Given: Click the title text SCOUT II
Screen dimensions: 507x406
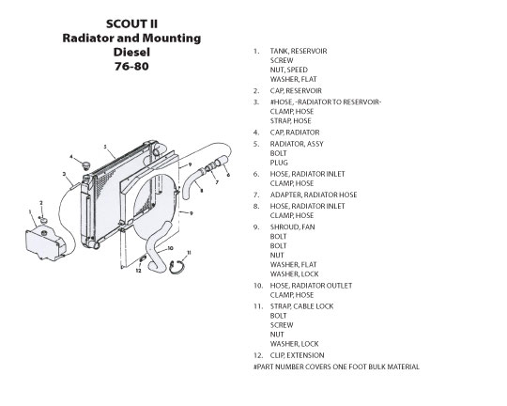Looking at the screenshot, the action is (x=131, y=23).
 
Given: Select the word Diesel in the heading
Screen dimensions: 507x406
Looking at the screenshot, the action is (x=131, y=52).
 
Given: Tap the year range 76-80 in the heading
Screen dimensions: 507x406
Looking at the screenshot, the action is (x=131, y=67).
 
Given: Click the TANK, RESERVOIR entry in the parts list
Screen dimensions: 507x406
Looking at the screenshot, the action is (x=299, y=51).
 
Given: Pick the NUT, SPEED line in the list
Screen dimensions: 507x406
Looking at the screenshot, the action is (x=289, y=70).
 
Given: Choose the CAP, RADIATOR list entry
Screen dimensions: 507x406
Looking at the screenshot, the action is (x=295, y=133).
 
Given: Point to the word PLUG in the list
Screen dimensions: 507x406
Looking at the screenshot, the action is (x=279, y=163).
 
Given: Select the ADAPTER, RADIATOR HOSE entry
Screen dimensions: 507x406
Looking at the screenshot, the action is (x=314, y=195).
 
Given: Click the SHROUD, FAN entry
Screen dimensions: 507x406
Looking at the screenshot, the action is (x=292, y=226).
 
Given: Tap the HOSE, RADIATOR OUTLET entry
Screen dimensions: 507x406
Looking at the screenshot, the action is (x=311, y=286).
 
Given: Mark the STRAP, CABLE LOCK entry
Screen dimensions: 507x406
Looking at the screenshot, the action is (x=301, y=306).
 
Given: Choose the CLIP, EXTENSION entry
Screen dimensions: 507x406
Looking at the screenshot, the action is (x=297, y=355).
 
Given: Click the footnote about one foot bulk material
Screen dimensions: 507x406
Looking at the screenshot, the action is (x=336, y=367).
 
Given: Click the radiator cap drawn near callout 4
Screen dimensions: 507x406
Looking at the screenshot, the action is (x=85, y=165).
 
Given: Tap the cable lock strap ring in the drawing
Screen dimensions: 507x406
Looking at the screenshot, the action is (x=177, y=268).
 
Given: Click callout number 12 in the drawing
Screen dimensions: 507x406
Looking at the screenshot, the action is (x=138, y=271).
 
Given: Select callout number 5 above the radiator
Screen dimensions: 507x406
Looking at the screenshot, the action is (x=105, y=147).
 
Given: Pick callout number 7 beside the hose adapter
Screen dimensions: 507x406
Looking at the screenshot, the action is (x=217, y=182).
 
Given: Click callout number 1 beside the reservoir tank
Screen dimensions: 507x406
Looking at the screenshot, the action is (x=30, y=212).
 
